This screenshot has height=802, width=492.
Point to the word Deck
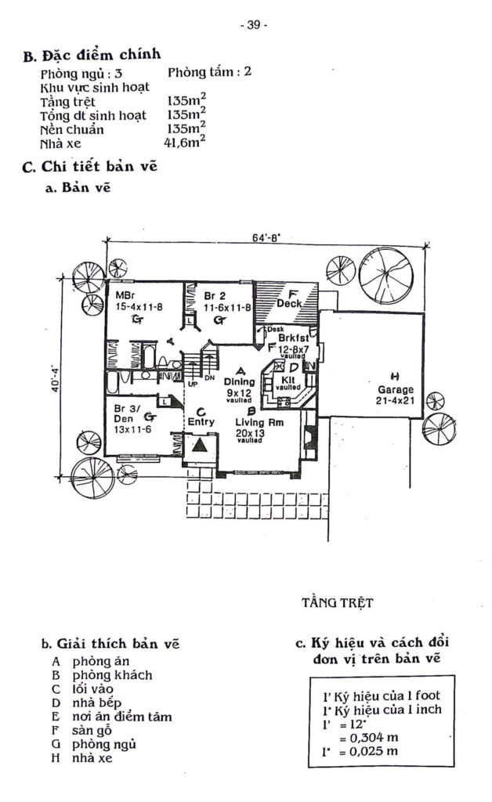pos(289,302)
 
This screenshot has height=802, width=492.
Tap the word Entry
pos(201,421)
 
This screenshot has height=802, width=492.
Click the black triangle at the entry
pos(201,446)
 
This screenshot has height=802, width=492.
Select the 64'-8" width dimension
pos(266,234)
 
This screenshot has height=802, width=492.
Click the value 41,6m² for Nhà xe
pos(185,143)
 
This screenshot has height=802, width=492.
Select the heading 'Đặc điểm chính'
pos(102,56)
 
